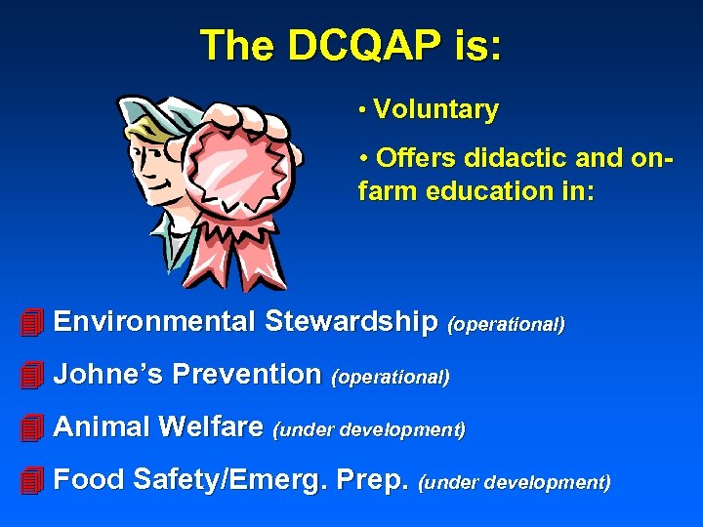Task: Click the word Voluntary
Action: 435,110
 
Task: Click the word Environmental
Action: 155,321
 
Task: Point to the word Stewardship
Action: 351,321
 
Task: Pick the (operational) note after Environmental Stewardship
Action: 506,324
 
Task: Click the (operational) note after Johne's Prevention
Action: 391,377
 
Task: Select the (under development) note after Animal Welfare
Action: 369,429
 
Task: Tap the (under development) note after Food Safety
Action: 515,482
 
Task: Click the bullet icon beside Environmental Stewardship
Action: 32,321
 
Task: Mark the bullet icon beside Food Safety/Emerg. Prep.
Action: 32,479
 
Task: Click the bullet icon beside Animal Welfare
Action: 32,426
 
